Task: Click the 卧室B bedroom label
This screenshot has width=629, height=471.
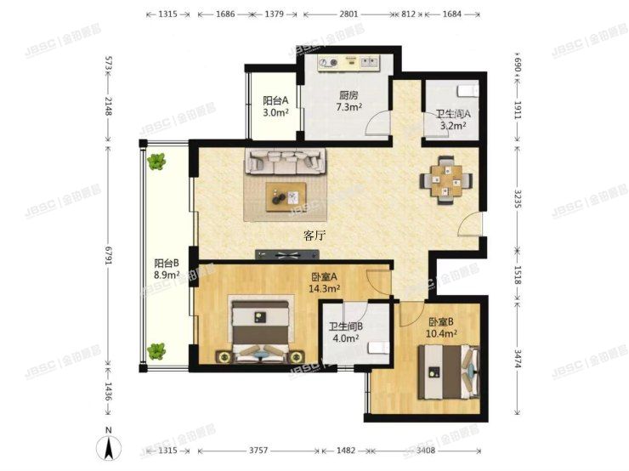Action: coord(443,322)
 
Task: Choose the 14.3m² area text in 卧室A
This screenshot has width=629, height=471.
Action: coord(324,289)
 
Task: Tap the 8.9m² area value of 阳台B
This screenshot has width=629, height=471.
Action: coord(166,275)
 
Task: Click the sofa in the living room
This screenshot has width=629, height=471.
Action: coord(285,160)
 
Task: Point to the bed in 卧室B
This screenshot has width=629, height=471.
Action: coord(451,372)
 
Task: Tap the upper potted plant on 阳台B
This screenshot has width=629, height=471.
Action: coord(156,161)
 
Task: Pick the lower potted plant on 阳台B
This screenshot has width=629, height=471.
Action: coord(156,349)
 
